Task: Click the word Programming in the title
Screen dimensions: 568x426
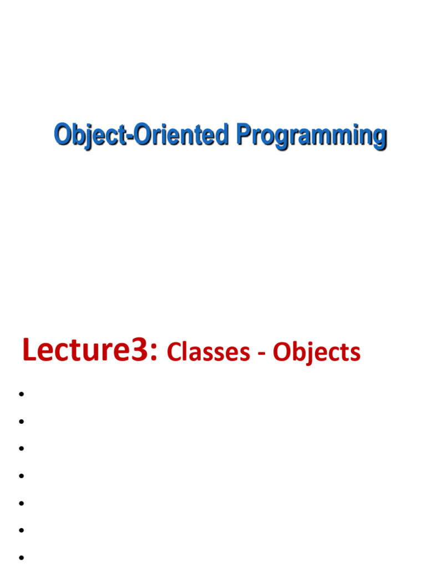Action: pos(311,136)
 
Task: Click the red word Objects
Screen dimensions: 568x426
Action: pos(316,353)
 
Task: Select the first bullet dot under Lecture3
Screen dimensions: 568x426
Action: pos(21,394)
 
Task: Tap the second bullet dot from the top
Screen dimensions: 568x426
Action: pos(21,422)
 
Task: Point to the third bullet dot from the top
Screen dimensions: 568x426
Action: pos(21,449)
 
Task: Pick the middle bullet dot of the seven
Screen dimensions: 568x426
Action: pos(21,476)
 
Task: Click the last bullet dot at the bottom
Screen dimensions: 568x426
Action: pos(21,557)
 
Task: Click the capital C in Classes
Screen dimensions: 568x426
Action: pos(174,352)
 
